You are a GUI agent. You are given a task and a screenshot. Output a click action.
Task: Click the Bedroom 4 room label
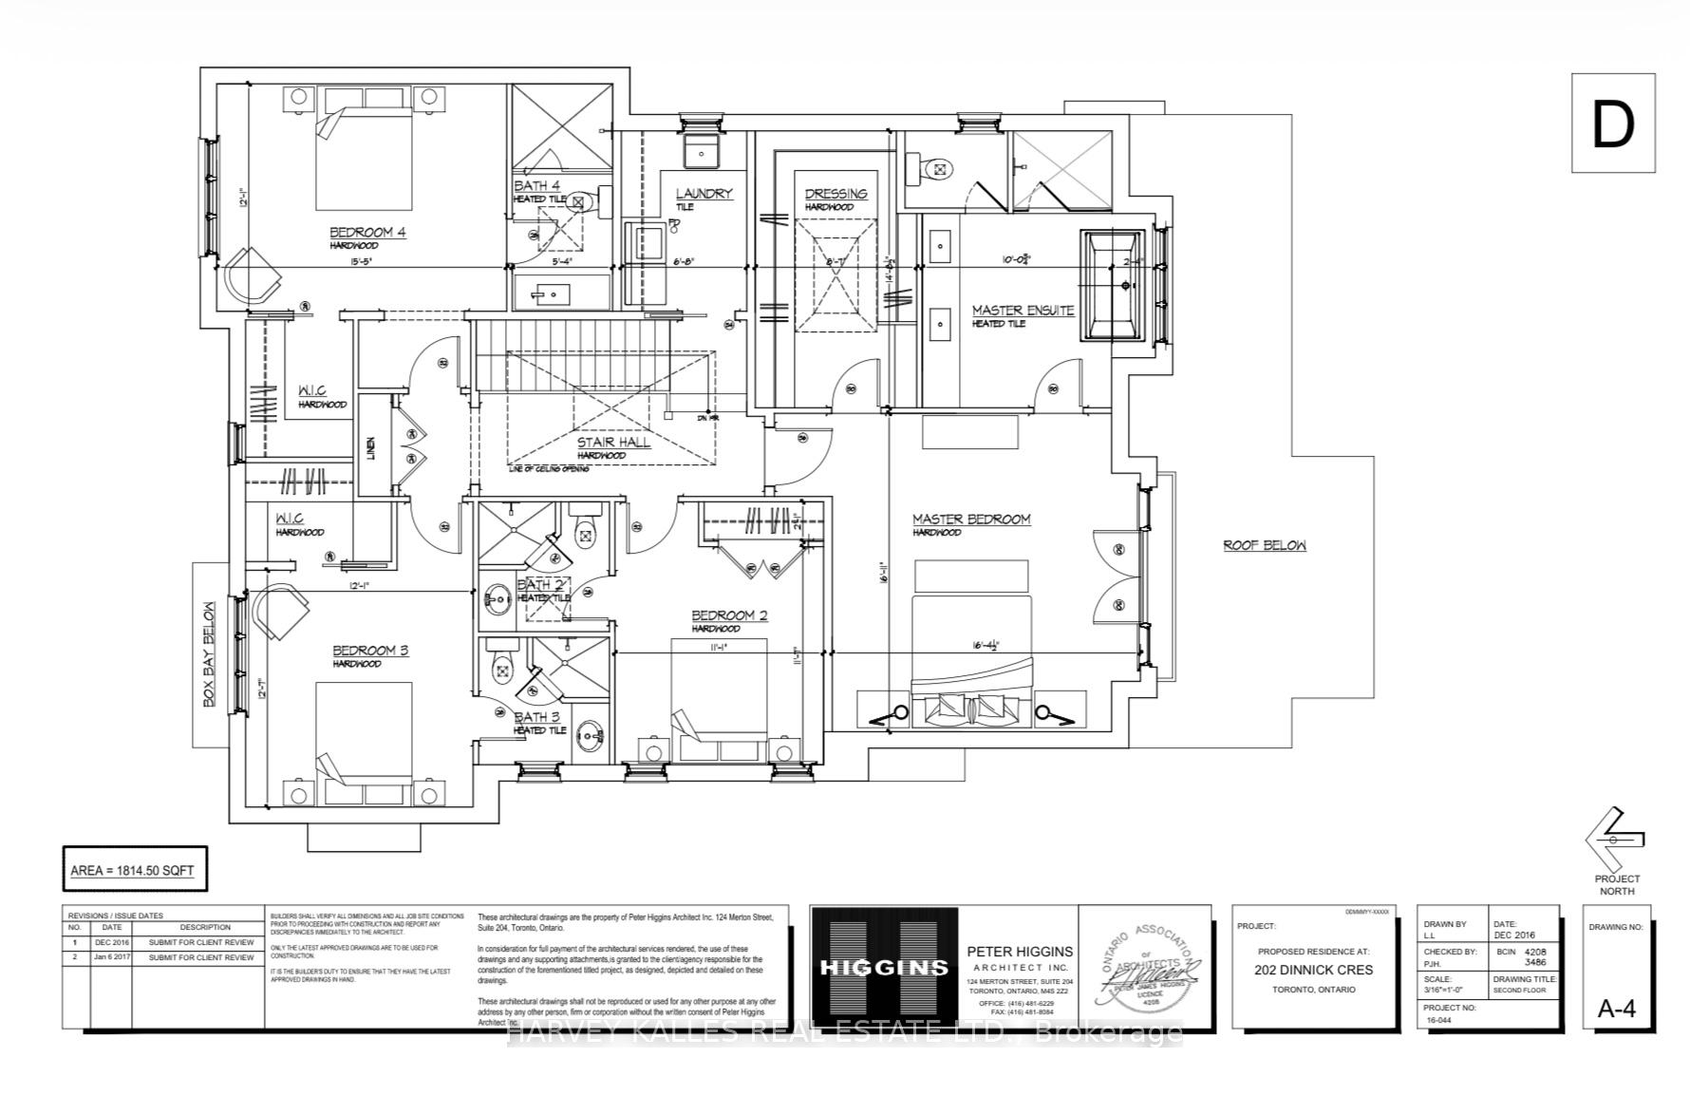coord(367,233)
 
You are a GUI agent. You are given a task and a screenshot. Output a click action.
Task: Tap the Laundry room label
coord(704,194)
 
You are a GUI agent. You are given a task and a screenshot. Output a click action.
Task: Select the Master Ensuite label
coord(1023,311)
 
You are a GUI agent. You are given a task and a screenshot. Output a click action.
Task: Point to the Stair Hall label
coord(613,443)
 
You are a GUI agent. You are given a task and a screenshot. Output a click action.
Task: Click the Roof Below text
coord(1264,545)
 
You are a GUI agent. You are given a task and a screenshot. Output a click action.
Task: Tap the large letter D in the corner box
coord(1612,124)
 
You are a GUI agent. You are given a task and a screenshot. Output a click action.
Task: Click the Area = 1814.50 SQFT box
coord(133,870)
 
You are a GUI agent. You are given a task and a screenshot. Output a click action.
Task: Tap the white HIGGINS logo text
coord(884,968)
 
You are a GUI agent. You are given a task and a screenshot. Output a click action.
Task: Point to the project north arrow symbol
coord(1614,838)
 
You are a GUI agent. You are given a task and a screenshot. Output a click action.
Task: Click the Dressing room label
coord(836,194)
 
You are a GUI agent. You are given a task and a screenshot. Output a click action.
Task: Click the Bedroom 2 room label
coord(729,615)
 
